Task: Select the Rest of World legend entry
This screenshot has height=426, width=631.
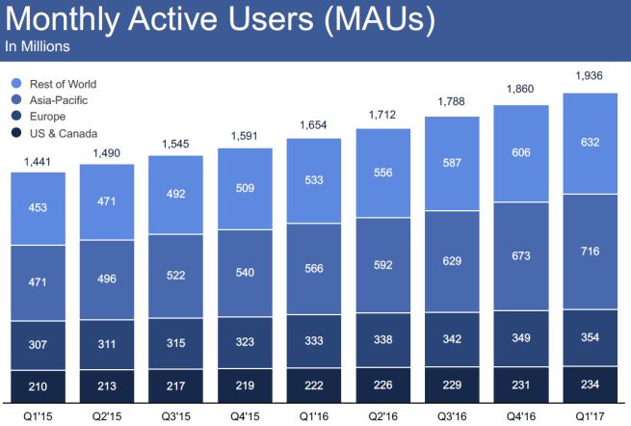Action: (x=63, y=84)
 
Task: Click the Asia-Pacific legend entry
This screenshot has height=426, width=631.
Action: (x=58, y=100)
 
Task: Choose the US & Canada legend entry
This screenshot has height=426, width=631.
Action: (x=63, y=133)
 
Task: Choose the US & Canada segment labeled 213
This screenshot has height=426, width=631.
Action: (x=107, y=386)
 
